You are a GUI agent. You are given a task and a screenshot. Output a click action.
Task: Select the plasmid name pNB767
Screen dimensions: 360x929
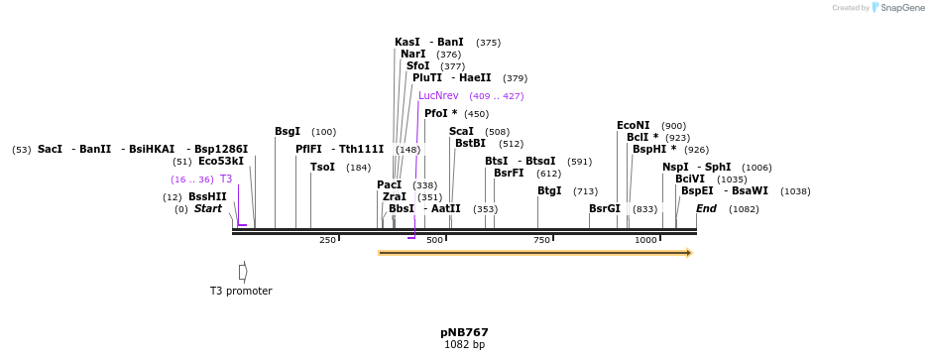[x=464, y=332]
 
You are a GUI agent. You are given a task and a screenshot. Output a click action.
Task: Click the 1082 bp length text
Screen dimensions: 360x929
[x=464, y=345]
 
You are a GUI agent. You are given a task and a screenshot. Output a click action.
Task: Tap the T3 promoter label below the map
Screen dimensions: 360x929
[x=241, y=291]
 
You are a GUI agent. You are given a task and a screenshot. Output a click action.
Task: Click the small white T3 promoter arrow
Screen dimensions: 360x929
[x=243, y=272]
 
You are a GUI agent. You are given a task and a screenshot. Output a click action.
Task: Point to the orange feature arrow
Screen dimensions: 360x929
[x=534, y=253]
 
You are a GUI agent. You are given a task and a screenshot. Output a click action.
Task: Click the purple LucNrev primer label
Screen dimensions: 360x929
[x=438, y=96]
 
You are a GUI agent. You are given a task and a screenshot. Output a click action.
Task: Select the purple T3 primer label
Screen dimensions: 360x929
[x=226, y=180]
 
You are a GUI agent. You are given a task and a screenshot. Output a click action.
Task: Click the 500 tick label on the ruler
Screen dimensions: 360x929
[x=434, y=241]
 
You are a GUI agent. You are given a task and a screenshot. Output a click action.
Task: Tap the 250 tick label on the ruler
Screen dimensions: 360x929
[x=327, y=241]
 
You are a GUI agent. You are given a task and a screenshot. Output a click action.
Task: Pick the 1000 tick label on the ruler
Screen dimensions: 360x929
[x=645, y=241]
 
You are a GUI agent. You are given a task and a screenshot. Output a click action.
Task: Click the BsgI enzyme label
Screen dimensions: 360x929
[x=288, y=132]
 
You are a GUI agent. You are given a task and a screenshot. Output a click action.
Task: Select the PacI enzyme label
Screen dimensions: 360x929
[x=390, y=185]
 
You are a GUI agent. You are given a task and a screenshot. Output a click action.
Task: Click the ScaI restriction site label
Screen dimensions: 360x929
[x=462, y=132]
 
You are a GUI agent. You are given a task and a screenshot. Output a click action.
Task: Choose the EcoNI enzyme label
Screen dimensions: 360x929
[x=634, y=126]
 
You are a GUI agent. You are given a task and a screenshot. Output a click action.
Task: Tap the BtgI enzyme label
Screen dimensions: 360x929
[x=549, y=191]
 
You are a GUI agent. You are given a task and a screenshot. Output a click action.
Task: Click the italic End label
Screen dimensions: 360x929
[x=706, y=209]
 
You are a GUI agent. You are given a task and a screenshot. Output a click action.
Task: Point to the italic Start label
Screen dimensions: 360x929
[x=208, y=209]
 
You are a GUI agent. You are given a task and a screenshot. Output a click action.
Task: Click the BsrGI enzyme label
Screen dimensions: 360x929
[x=605, y=209]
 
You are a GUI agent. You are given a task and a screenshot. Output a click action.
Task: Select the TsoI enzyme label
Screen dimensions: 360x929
[x=323, y=168]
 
